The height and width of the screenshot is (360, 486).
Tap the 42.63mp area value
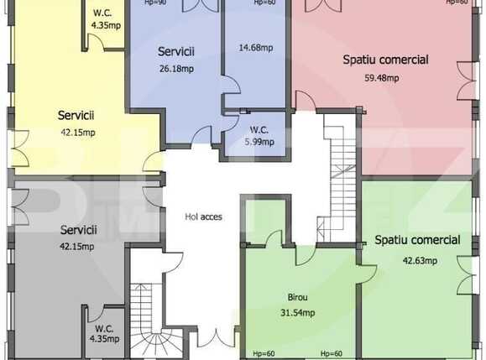coord(419,260)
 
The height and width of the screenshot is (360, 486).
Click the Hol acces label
coord(204,217)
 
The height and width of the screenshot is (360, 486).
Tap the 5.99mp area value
coord(259,143)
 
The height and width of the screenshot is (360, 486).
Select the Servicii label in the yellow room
coord(76,115)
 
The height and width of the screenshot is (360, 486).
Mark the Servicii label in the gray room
coord(78,229)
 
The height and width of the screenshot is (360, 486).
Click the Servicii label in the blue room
coord(175,52)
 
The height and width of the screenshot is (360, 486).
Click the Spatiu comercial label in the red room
coord(385,60)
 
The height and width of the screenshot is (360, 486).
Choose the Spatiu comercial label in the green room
coord(417,240)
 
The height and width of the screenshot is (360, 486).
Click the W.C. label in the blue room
coord(259,129)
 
